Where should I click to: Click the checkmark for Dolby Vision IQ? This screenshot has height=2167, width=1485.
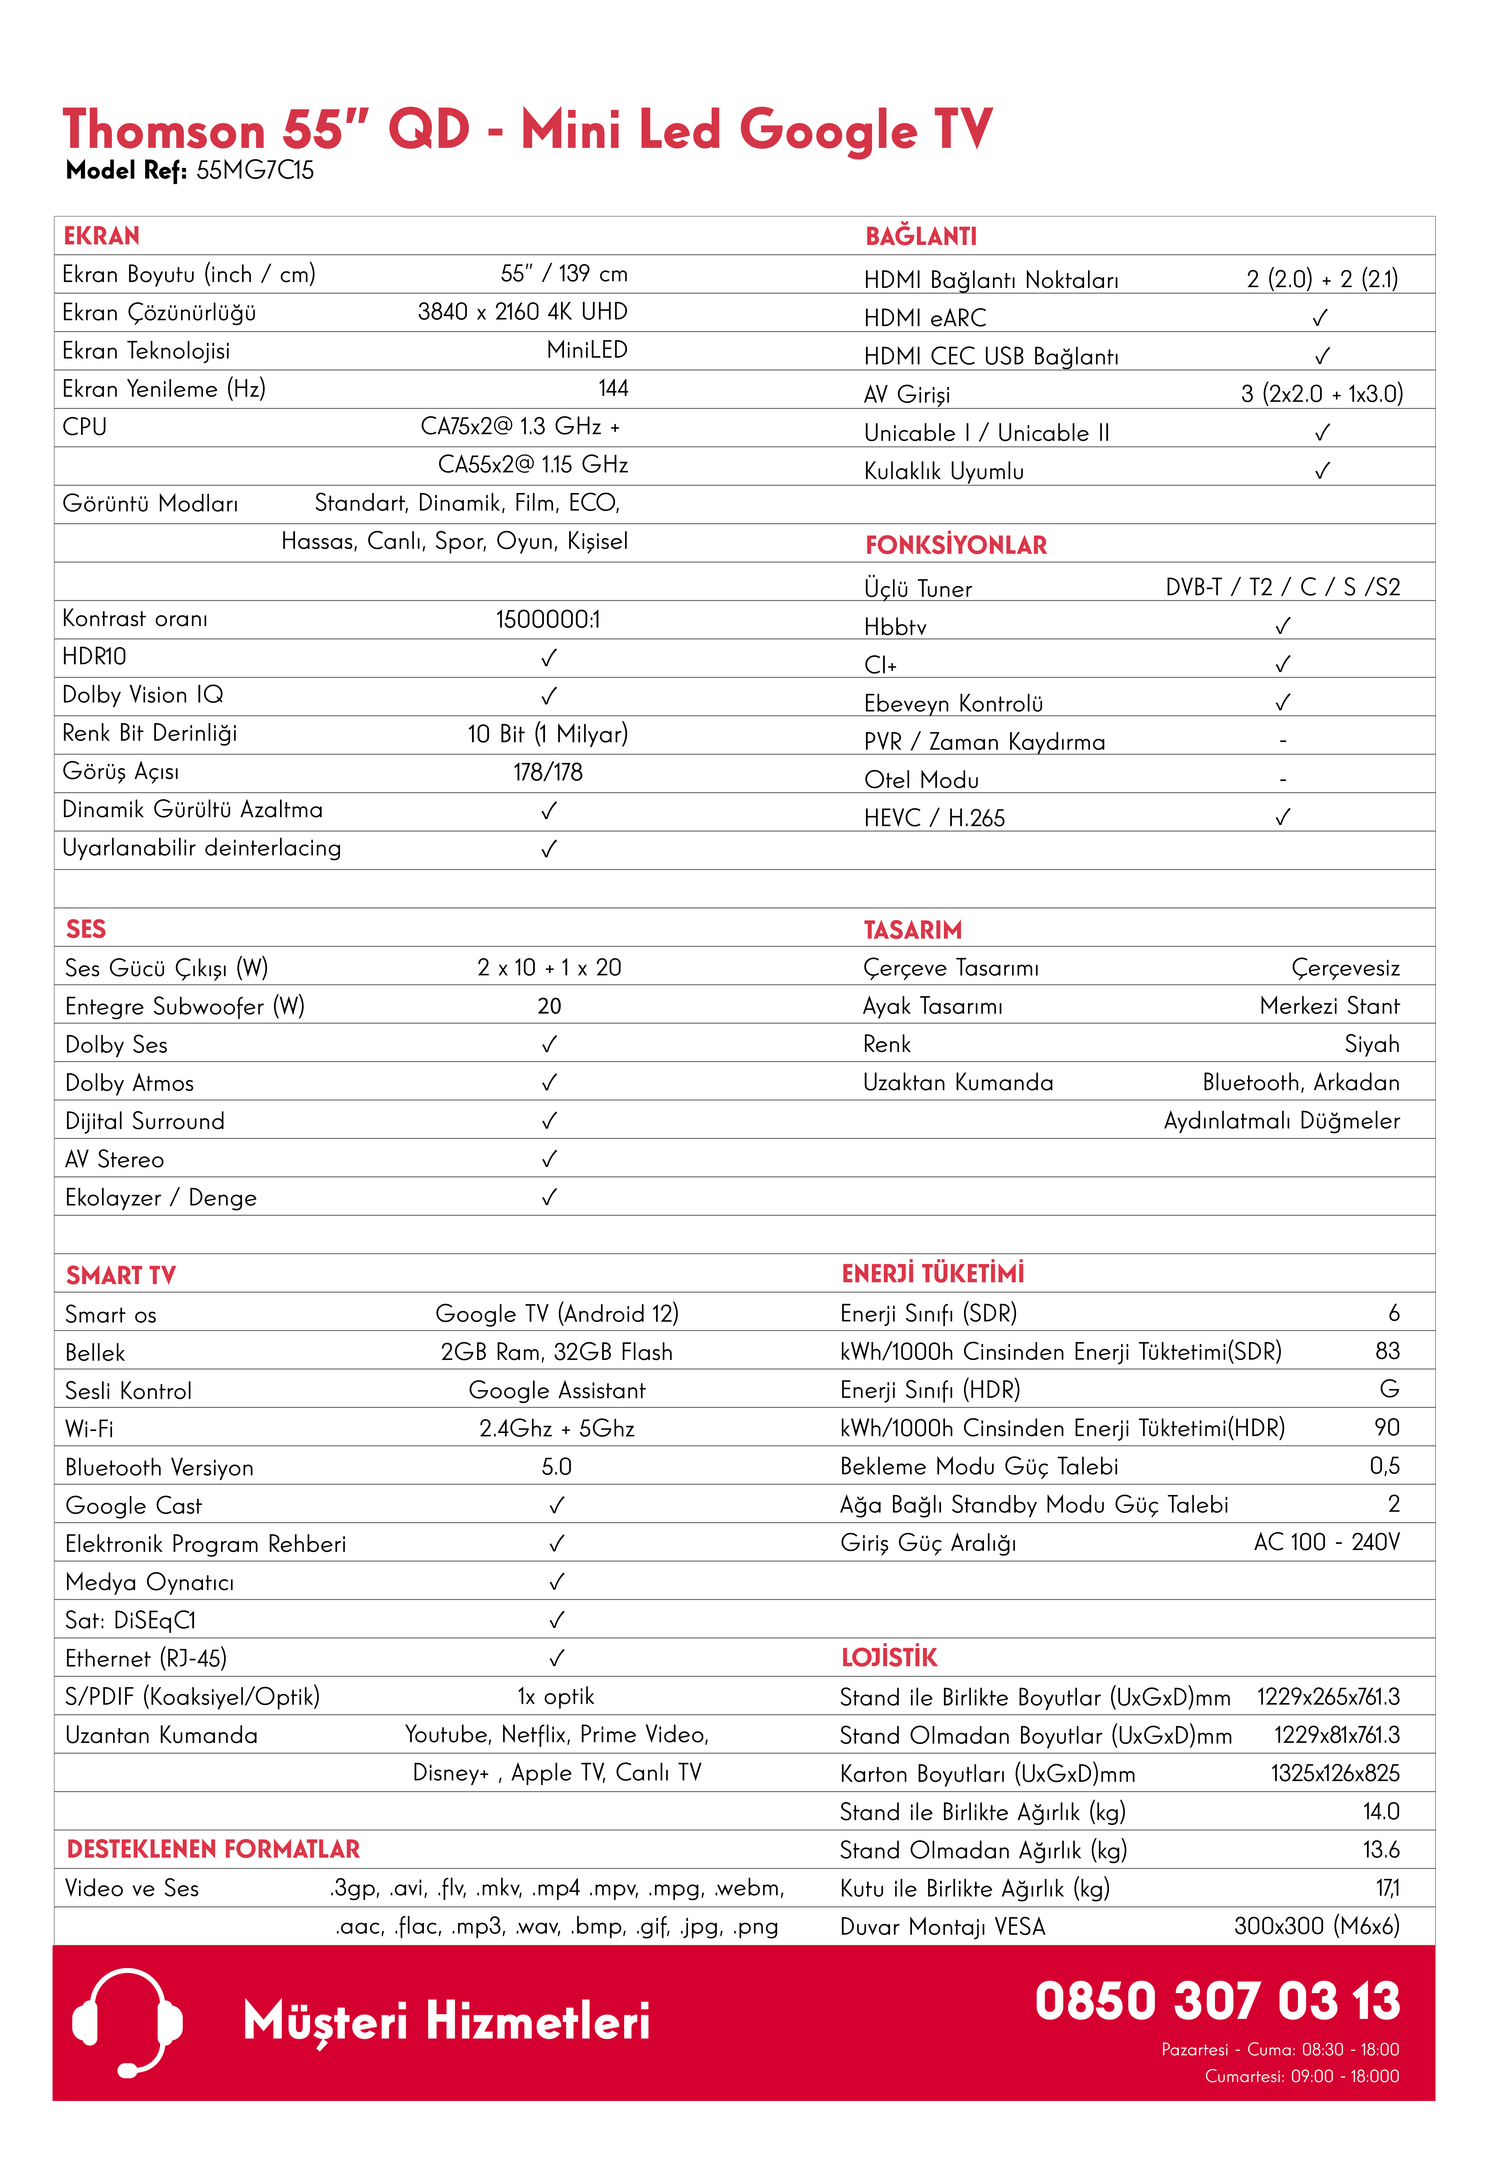(x=548, y=696)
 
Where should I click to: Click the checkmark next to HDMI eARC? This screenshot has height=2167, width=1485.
(x=1320, y=318)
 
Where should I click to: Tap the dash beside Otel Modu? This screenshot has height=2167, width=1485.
(x=1283, y=779)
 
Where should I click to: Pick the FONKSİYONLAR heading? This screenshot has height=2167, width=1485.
(x=955, y=545)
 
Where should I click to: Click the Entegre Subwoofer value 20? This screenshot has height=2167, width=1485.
(x=549, y=1006)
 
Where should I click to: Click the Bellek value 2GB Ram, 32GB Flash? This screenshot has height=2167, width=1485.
(x=557, y=1352)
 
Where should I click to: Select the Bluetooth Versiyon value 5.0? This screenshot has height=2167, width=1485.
(x=557, y=1467)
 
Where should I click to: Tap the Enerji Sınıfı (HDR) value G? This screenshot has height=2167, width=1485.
(x=1389, y=1389)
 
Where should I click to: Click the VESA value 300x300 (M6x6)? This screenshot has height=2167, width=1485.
(x=1316, y=1926)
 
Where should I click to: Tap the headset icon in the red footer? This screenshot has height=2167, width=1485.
(x=127, y=2021)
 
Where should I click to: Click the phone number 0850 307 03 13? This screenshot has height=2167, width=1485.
(x=1217, y=2001)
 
